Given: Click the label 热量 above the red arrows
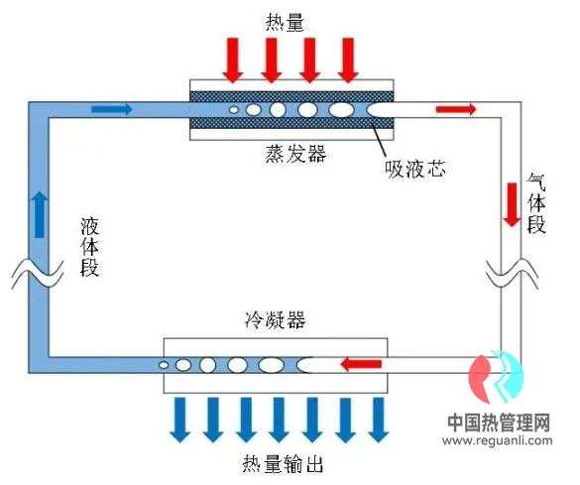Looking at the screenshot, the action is [285, 23].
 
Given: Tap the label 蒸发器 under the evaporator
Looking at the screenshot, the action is [295, 154].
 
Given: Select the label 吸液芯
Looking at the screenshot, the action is [415, 169].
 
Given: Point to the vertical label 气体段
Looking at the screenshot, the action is [536, 204].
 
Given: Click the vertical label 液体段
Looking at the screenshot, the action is [90, 247].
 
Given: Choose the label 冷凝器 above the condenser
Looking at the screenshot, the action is [276, 319].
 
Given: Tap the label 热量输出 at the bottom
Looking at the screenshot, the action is [283, 464].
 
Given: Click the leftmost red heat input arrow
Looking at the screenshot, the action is [233, 60].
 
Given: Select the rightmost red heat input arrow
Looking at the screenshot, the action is [348, 60].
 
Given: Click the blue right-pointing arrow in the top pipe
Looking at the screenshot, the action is [112, 109].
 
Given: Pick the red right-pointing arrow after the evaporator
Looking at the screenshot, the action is [456, 109].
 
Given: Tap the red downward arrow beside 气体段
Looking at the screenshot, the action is [512, 204].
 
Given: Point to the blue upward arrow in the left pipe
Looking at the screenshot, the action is [40, 214].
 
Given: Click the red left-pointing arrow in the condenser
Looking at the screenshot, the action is [361, 364].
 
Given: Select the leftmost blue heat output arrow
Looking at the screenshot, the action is [180, 420].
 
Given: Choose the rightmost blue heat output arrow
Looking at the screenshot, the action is [378, 420].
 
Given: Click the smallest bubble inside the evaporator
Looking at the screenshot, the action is [234, 109].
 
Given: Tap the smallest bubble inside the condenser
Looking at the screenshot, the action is [164, 365].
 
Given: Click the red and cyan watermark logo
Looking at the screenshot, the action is [496, 377].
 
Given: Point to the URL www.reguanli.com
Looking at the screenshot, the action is [498, 440].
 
